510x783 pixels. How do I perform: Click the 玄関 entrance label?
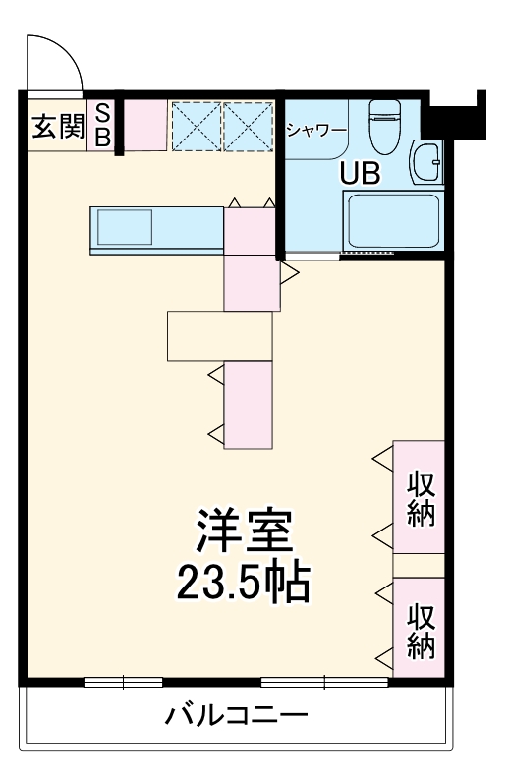click(x=57, y=127)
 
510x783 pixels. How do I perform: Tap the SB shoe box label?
click(x=102, y=126)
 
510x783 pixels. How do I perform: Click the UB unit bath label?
click(x=360, y=173)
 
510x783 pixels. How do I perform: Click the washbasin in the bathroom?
click(x=427, y=162)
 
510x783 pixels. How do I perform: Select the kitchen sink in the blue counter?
click(x=123, y=228)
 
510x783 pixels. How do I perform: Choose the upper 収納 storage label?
click(x=421, y=498)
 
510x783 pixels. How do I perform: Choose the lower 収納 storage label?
click(x=421, y=630)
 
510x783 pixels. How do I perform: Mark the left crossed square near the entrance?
click(x=196, y=126)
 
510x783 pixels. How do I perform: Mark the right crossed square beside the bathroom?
click(x=247, y=126)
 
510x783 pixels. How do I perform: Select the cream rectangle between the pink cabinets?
click(x=218, y=336)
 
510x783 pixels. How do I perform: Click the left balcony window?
click(x=123, y=682)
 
